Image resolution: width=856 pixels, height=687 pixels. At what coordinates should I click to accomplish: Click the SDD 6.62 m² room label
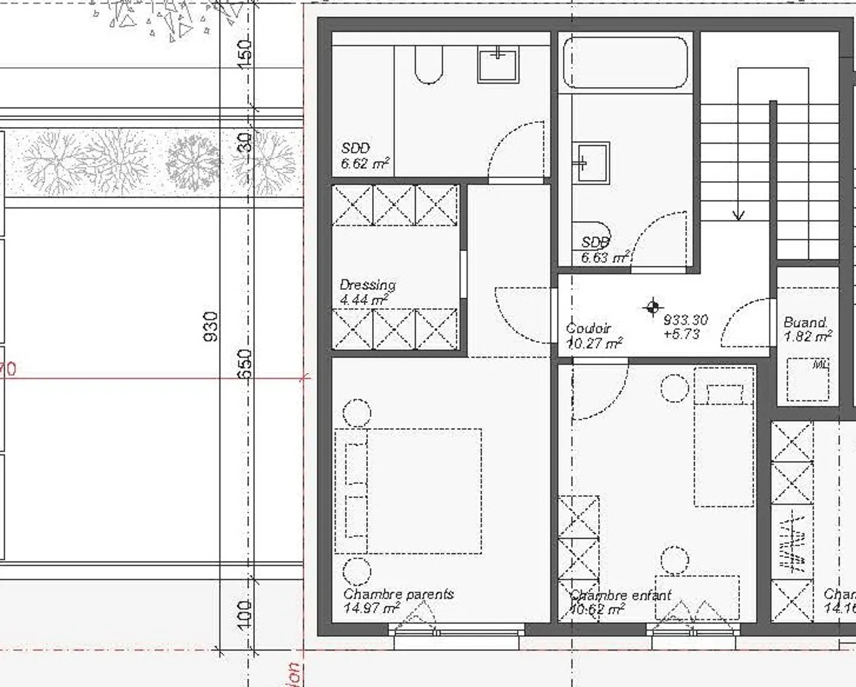tap(364, 156)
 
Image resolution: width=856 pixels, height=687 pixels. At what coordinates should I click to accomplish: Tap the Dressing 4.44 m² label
tap(367, 292)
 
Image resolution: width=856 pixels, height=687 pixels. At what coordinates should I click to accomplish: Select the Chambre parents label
tap(398, 600)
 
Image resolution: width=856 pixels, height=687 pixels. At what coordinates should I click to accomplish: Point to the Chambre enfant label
tap(619, 601)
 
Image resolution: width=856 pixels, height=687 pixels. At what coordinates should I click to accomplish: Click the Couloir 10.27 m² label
tap(594, 335)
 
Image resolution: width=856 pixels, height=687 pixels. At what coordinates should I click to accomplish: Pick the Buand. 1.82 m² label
tap(807, 330)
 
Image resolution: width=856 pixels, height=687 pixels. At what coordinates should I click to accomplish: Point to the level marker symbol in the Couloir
tap(653, 307)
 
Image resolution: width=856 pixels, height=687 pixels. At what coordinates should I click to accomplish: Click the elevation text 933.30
tap(685, 320)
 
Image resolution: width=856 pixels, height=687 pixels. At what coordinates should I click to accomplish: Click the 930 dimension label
tap(211, 327)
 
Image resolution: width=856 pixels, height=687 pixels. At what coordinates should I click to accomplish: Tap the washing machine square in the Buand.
tap(808, 380)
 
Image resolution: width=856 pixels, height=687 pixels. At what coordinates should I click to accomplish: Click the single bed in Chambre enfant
tap(724, 436)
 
